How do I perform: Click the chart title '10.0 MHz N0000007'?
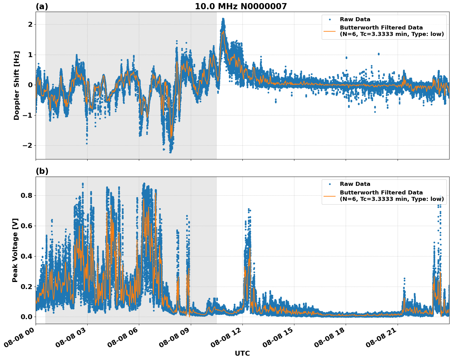point(241,6)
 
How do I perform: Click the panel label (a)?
point(42,6)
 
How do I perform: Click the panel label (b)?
point(42,171)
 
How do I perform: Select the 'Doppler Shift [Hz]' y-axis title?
point(17,85)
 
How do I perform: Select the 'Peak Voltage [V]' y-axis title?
point(15,250)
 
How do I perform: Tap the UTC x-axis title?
point(242,353)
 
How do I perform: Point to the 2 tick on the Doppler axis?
point(30,24)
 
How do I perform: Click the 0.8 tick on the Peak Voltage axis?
point(26,195)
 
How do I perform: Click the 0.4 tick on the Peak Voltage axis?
point(26,256)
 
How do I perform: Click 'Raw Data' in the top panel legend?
point(355,19)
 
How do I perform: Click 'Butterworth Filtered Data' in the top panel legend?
point(381,28)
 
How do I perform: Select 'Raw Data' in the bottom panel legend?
point(355,184)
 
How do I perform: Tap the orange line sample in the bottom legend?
point(329,196)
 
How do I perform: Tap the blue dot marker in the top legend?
point(329,19)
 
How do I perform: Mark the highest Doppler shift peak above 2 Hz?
point(223,19)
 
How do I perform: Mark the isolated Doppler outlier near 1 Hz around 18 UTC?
point(346,57)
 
